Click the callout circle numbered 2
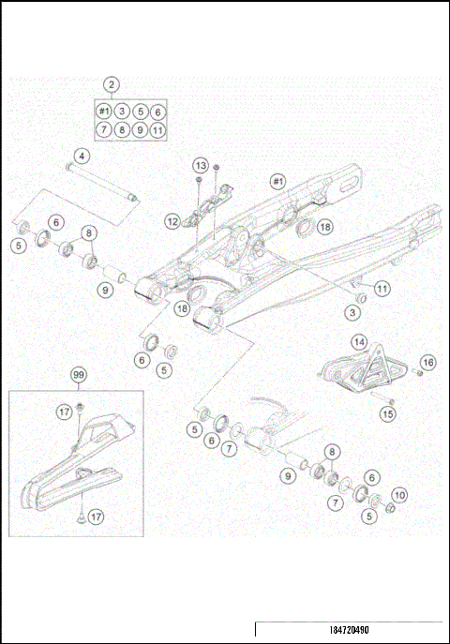point(112,84)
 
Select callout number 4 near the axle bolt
point(82,155)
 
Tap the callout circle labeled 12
point(172,222)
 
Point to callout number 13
point(200,164)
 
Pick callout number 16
point(428,362)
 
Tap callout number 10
point(399,494)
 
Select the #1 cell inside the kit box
point(104,112)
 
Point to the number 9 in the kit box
point(140,129)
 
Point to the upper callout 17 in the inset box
point(64,411)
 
